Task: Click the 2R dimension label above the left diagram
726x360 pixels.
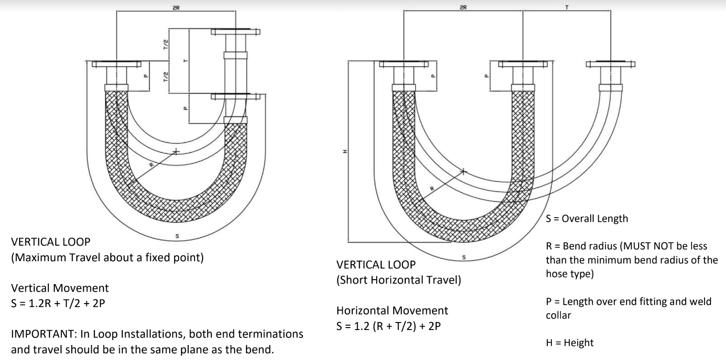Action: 176,7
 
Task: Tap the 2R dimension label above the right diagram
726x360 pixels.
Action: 463,7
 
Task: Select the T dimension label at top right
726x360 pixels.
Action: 566,7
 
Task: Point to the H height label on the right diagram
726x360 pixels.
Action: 345,151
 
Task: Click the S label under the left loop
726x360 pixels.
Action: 177,236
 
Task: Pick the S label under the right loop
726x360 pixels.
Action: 464,257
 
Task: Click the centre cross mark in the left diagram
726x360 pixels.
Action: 176,151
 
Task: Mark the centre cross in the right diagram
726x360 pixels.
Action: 464,171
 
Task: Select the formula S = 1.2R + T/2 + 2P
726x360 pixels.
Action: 58,303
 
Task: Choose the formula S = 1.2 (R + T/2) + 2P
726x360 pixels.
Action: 389,326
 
